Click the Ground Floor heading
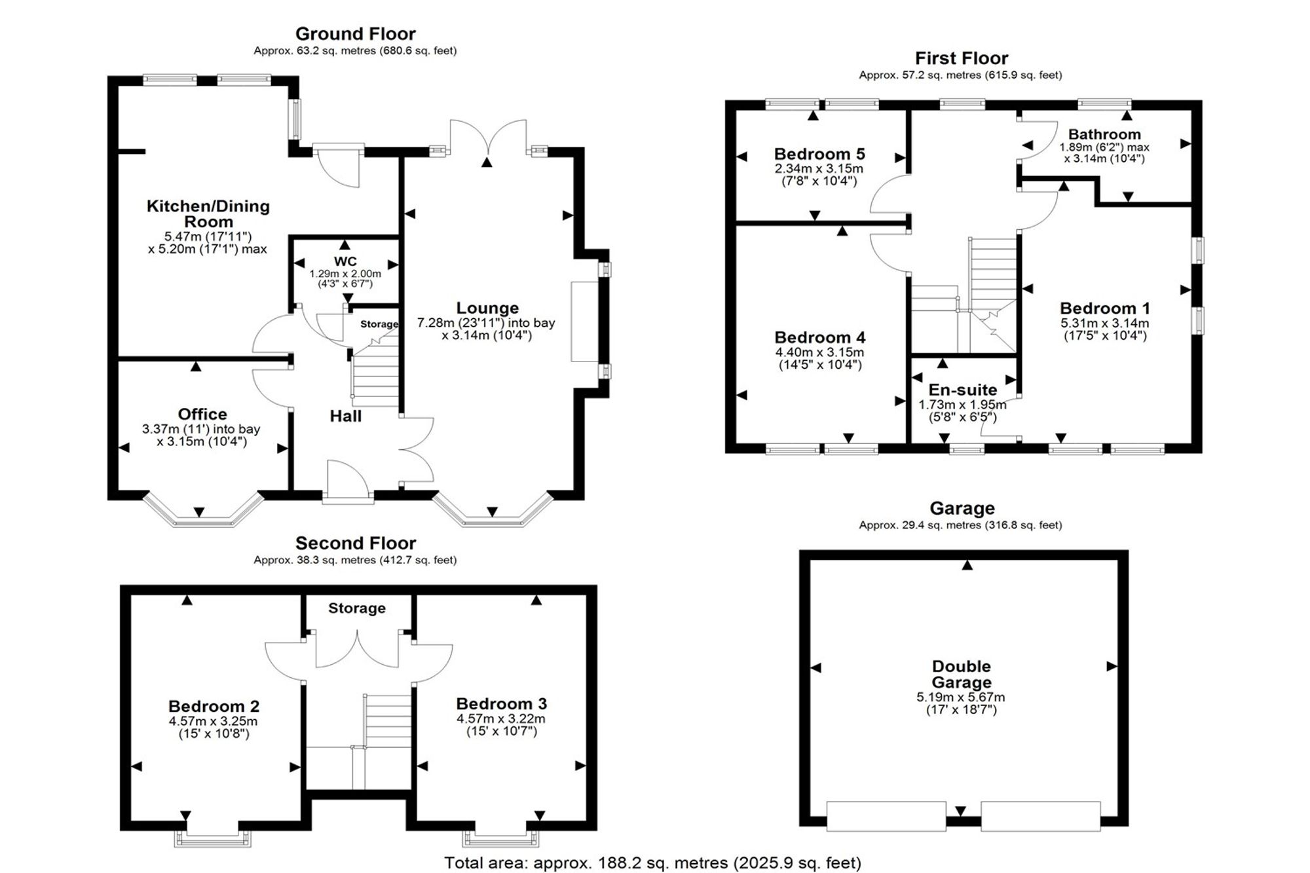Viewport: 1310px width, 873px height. pyautogui.click(x=356, y=33)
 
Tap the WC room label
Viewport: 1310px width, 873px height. pyautogui.click(x=345, y=261)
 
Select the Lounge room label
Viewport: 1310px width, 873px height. pyautogui.click(x=487, y=308)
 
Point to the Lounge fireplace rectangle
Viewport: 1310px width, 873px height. pyautogui.click(x=584, y=321)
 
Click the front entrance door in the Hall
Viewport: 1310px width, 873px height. pyautogui.click(x=348, y=482)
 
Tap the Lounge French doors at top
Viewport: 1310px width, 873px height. pyautogui.click(x=487, y=138)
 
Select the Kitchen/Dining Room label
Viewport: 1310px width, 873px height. pyautogui.click(x=208, y=214)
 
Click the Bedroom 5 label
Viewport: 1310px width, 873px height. pyautogui.click(x=819, y=154)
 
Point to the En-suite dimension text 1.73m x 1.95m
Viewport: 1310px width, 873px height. pyautogui.click(x=962, y=405)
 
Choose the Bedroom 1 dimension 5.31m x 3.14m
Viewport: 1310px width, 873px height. pyautogui.click(x=1104, y=323)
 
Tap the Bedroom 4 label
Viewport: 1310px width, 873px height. pyautogui.click(x=820, y=337)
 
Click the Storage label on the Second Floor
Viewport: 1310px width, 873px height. pyautogui.click(x=357, y=608)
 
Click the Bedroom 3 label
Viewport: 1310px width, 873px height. pyautogui.click(x=502, y=704)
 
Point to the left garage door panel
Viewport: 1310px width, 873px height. pyautogui.click(x=886, y=816)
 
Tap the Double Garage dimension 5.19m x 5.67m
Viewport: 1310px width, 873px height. pyautogui.click(x=961, y=697)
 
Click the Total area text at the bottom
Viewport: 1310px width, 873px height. pyautogui.click(x=653, y=863)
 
